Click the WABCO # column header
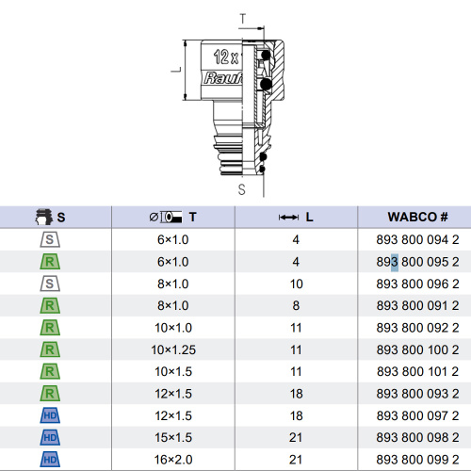[417, 217]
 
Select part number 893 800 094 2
[417, 240]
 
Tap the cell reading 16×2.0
[173, 460]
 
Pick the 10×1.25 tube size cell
[173, 349]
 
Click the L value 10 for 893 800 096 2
[296, 284]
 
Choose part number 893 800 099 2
[417, 460]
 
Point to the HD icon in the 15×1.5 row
[50, 437]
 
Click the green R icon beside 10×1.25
[50, 349]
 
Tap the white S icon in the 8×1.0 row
[50, 284]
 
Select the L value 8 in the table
[296, 305]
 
